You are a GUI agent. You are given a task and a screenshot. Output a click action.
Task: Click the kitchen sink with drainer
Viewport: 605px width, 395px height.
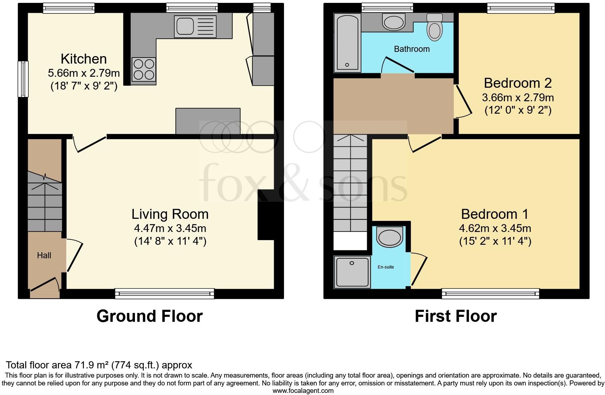click(195, 26)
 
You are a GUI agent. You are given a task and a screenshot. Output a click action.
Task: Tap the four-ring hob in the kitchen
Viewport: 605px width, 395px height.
click(144, 70)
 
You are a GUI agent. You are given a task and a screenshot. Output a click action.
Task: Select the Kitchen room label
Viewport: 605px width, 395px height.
click(84, 59)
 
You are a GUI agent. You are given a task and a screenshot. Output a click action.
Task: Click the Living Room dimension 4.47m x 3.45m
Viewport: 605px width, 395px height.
click(170, 228)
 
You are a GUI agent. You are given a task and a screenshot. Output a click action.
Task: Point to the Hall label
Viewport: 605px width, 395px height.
click(44, 255)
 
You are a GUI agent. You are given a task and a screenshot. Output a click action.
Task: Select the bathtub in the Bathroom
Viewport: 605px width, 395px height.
click(347, 43)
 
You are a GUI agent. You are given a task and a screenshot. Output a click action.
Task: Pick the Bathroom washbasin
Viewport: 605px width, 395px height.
click(393, 22)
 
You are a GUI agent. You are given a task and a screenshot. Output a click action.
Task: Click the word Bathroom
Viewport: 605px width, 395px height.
click(412, 49)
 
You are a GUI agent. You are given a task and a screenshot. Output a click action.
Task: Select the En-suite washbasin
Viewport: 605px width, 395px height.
click(389, 237)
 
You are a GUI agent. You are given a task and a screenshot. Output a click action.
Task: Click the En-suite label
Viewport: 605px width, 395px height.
click(386, 267)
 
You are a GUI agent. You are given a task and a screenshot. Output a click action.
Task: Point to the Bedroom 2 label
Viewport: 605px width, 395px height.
click(518, 83)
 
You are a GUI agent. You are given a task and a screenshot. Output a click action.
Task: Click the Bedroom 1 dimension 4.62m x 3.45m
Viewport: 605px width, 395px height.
click(495, 228)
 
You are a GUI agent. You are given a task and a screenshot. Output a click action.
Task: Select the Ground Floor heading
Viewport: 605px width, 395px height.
click(149, 316)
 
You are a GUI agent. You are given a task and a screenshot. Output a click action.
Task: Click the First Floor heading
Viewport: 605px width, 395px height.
click(456, 316)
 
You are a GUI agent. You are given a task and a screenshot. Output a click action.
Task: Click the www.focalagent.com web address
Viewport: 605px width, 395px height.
click(303, 391)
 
